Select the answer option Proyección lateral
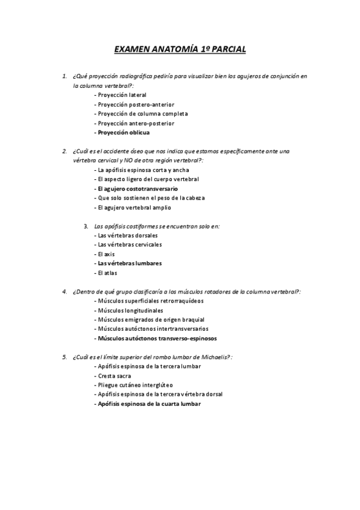coord(122,95)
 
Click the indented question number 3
coord(86,226)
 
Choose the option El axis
coord(106,254)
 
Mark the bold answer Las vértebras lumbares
coord(130,263)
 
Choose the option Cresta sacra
coord(115,376)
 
